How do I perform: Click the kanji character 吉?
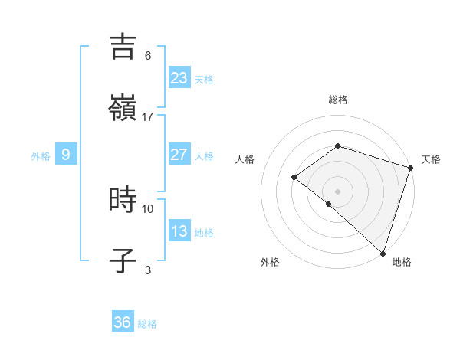123,47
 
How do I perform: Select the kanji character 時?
123,200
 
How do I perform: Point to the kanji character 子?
123,261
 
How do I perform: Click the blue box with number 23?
179,77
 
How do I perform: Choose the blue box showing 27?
179,155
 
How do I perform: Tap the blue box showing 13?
179,231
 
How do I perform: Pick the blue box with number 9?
66,155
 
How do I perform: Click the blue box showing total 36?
122,322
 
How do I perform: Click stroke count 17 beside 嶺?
148,117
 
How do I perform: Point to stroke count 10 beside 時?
148,208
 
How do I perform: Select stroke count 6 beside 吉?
148,55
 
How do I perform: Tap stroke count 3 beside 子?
148,270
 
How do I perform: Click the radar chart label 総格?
337,100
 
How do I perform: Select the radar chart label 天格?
431,159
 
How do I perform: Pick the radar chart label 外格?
270,262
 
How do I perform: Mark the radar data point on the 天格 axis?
410,167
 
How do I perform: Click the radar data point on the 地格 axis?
383,253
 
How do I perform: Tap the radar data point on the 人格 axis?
294,177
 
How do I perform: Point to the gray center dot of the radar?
337,191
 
